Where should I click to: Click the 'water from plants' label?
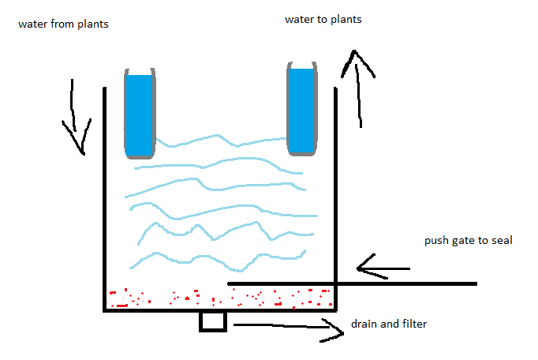62,24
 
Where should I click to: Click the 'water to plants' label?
323,19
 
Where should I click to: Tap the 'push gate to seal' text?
469,241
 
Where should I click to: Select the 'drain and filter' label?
390,324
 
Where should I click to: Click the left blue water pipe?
139,114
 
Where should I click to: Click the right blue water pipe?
301,111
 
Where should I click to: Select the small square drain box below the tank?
213,321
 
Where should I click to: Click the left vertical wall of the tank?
105,197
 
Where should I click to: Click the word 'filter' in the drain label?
414,324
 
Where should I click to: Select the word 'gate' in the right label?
465,241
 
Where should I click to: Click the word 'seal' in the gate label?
501,241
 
